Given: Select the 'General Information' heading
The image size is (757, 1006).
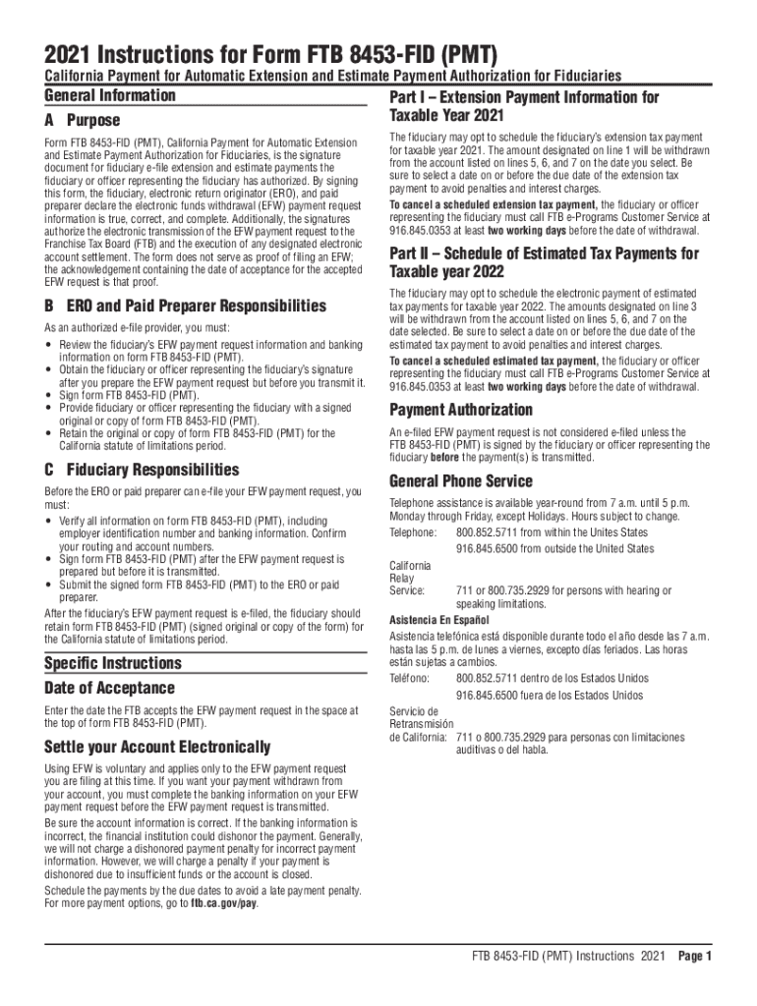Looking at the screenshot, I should [x=110, y=95].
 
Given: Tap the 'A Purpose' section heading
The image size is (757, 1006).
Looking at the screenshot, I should [x=83, y=121].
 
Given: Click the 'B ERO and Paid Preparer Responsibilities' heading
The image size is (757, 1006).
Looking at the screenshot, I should [x=185, y=306].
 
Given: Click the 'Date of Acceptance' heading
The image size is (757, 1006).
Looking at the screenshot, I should [x=109, y=688].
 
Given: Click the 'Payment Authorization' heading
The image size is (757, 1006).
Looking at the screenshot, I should [x=461, y=410].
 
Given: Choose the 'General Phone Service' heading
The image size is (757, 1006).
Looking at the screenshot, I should [x=461, y=481].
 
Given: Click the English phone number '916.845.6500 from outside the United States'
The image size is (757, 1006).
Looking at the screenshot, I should [x=554, y=548].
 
